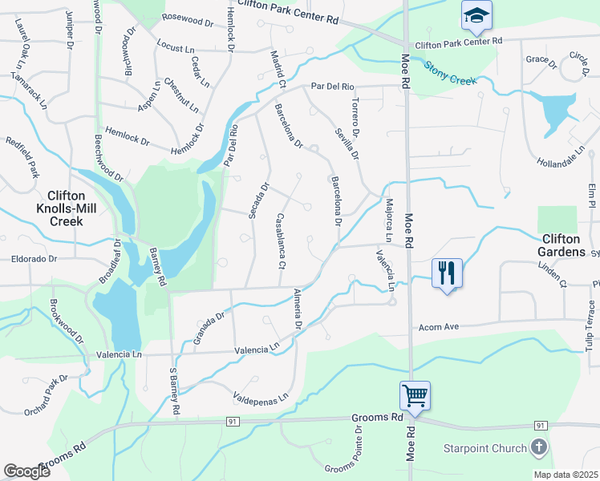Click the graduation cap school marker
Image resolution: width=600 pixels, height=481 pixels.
pyautogui.click(x=476, y=14)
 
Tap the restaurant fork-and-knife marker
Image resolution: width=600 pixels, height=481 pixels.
pyautogui.click(x=447, y=273)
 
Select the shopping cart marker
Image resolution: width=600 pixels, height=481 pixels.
pyautogui.click(x=415, y=394)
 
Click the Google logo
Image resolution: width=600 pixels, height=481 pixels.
pyautogui.click(x=27, y=471)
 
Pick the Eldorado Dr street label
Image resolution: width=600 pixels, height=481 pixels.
pyautogui.click(x=34, y=259)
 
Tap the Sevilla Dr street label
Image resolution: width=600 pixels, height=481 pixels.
pyautogui.click(x=346, y=143)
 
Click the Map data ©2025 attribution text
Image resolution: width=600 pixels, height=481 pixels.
pyautogui.click(x=565, y=475)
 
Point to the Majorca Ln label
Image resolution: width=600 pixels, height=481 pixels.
pyautogui.click(x=389, y=220)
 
